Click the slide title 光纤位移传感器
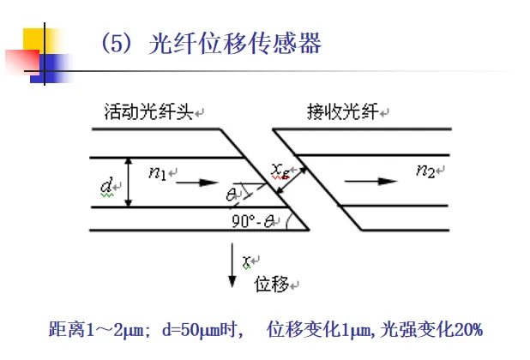point(235,44)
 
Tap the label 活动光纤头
point(148,112)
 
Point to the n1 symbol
point(157,173)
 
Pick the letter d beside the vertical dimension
point(106,183)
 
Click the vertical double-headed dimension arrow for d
point(128,181)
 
